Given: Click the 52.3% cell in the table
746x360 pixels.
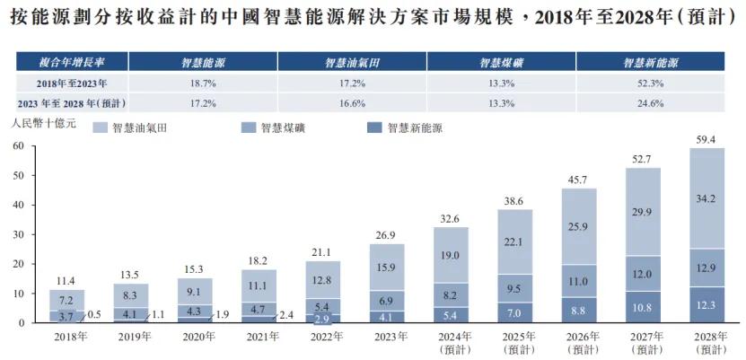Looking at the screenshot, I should click(x=649, y=83).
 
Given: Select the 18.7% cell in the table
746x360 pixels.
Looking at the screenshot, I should click(x=203, y=83).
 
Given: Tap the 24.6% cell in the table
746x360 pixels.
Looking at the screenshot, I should click(x=649, y=103).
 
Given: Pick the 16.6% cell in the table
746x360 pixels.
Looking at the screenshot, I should click(x=352, y=103).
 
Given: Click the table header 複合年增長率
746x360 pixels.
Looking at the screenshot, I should click(x=71, y=64).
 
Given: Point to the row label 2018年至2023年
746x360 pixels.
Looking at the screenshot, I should click(x=71, y=83).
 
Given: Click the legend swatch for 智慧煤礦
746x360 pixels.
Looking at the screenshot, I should click(x=246, y=128).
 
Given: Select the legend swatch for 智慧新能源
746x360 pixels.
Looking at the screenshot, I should click(x=373, y=128).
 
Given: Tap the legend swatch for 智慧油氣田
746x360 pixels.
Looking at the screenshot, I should click(x=99, y=128).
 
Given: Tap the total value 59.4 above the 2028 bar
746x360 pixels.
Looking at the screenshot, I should click(x=707, y=139).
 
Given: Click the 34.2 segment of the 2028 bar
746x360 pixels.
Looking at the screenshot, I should click(x=707, y=198).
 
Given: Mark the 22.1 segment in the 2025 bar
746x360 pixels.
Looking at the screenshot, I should click(x=515, y=242).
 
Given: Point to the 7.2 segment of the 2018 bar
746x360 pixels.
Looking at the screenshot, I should click(x=67, y=299).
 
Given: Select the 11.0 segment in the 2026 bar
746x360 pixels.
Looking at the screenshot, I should click(x=579, y=281).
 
